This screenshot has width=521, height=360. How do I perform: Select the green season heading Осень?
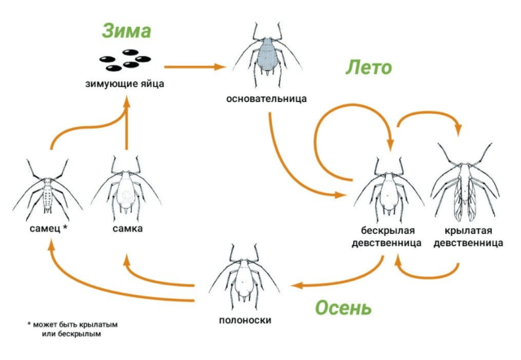(343, 308)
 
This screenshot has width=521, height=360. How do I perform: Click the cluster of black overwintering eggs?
(125, 60)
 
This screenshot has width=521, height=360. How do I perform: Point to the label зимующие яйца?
(126, 83)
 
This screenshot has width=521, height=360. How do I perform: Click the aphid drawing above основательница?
(266, 57)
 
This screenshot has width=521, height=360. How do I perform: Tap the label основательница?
(267, 99)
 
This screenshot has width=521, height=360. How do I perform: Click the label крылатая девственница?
(467, 236)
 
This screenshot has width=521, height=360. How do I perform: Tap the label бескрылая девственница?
(386, 236)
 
